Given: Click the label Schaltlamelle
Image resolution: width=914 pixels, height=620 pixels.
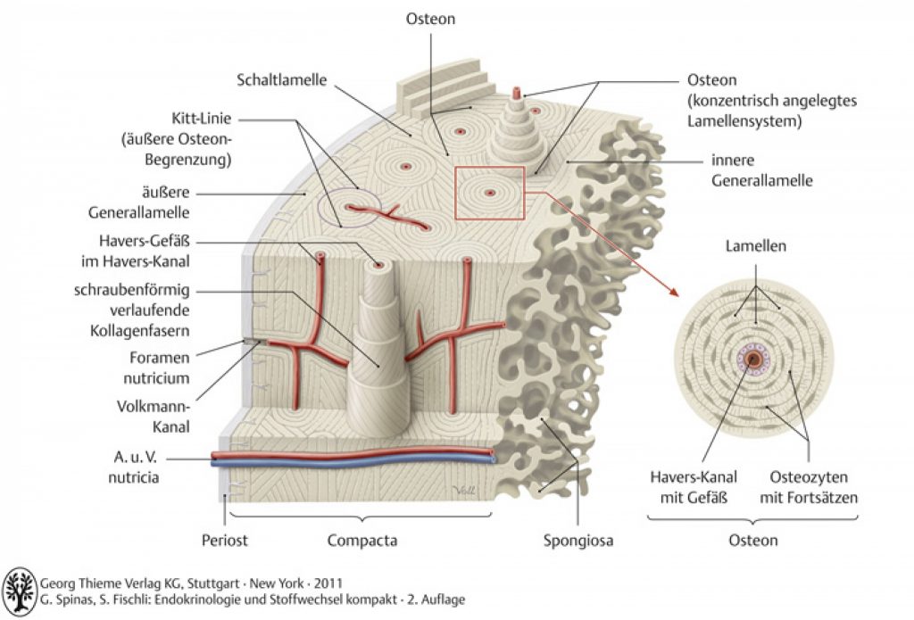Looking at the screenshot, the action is point(281,79).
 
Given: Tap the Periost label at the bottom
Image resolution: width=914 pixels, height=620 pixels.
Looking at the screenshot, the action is point(224,541).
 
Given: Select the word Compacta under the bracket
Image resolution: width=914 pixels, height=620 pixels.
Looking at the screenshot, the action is point(362,541).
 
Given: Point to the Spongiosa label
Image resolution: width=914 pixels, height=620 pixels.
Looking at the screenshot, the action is point(578,541).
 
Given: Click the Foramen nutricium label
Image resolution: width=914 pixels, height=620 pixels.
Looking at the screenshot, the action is point(156,368).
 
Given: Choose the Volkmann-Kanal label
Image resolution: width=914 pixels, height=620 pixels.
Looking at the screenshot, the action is point(154,416).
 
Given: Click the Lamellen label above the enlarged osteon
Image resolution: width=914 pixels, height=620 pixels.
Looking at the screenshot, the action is point(755,246).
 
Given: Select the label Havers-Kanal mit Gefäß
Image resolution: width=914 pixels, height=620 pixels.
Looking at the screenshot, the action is point(694,487).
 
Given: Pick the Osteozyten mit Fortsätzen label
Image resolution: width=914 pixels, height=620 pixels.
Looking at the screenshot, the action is point(809,487).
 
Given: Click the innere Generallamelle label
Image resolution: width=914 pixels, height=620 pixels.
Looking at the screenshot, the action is point(761,169).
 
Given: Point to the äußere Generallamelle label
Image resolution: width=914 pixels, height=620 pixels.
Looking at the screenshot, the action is point(138,203).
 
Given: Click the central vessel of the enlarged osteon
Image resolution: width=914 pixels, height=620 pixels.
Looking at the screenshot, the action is point(753,359).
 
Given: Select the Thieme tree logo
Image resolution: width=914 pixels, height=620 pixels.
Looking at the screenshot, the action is point(20,592).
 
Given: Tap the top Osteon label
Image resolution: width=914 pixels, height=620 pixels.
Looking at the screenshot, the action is point(430,19).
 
